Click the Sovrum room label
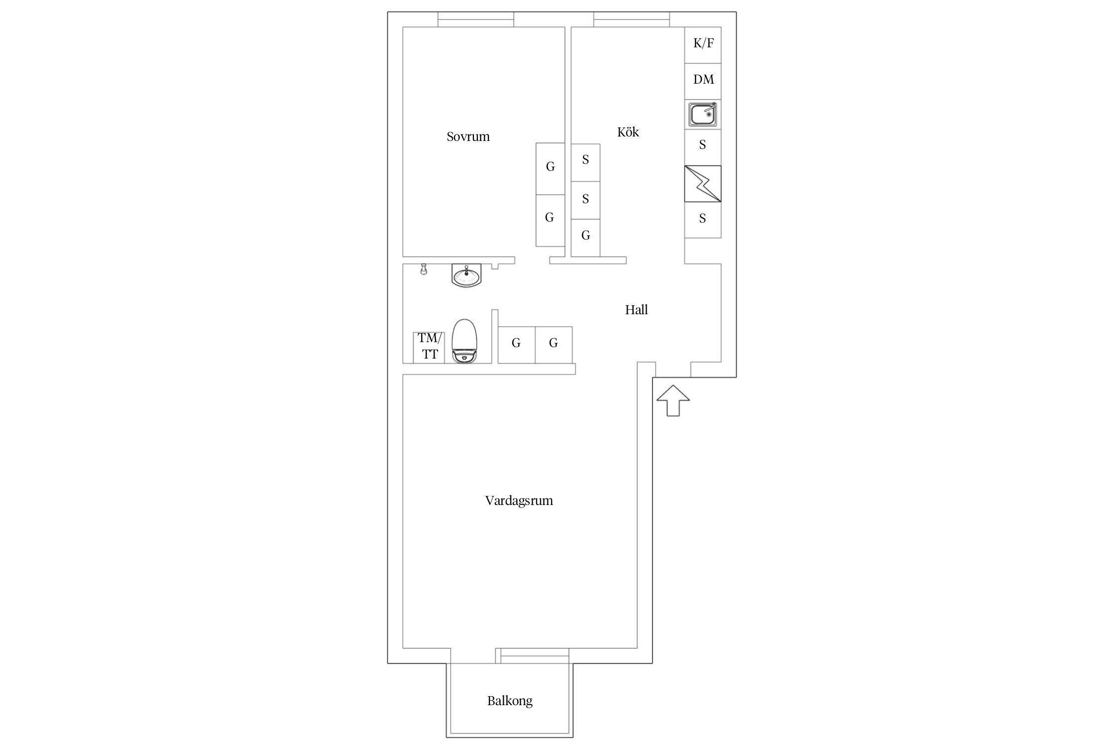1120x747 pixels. [468, 136]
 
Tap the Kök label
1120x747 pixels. [628, 132]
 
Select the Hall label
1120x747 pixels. [636, 310]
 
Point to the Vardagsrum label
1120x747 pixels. [519, 500]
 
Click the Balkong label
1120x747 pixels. [510, 701]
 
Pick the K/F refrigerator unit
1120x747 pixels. [703, 45]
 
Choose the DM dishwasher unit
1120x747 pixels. [703, 81]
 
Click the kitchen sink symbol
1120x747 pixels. [703, 114]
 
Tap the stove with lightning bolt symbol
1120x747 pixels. [703, 184]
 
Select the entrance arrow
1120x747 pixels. [673, 400]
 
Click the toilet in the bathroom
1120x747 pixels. [464, 341]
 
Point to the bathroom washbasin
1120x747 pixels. [466, 275]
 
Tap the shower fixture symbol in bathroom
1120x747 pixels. [424, 269]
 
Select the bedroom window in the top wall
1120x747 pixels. [476, 19]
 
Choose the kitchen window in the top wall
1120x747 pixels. [632, 19]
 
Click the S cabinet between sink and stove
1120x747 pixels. [703, 147]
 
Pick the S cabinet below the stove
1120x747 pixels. [703, 220]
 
